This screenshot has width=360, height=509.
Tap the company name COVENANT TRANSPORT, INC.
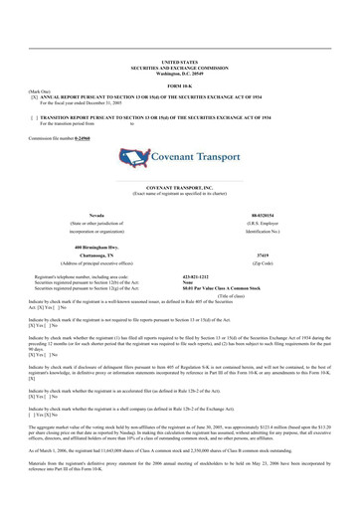[x=179, y=186]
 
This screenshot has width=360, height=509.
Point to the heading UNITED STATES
[x=179, y=62]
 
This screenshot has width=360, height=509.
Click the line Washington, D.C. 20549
[x=179, y=73]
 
